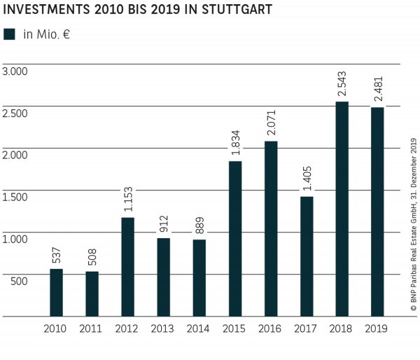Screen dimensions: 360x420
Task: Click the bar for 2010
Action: pos(56,292)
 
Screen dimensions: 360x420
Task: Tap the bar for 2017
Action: pos(306,256)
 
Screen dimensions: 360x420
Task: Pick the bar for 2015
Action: pos(234,239)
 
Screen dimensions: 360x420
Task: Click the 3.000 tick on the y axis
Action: pos(15,71)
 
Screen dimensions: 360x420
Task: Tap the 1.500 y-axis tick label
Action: pos(15,197)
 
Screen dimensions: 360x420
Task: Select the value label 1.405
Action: pos(306,177)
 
